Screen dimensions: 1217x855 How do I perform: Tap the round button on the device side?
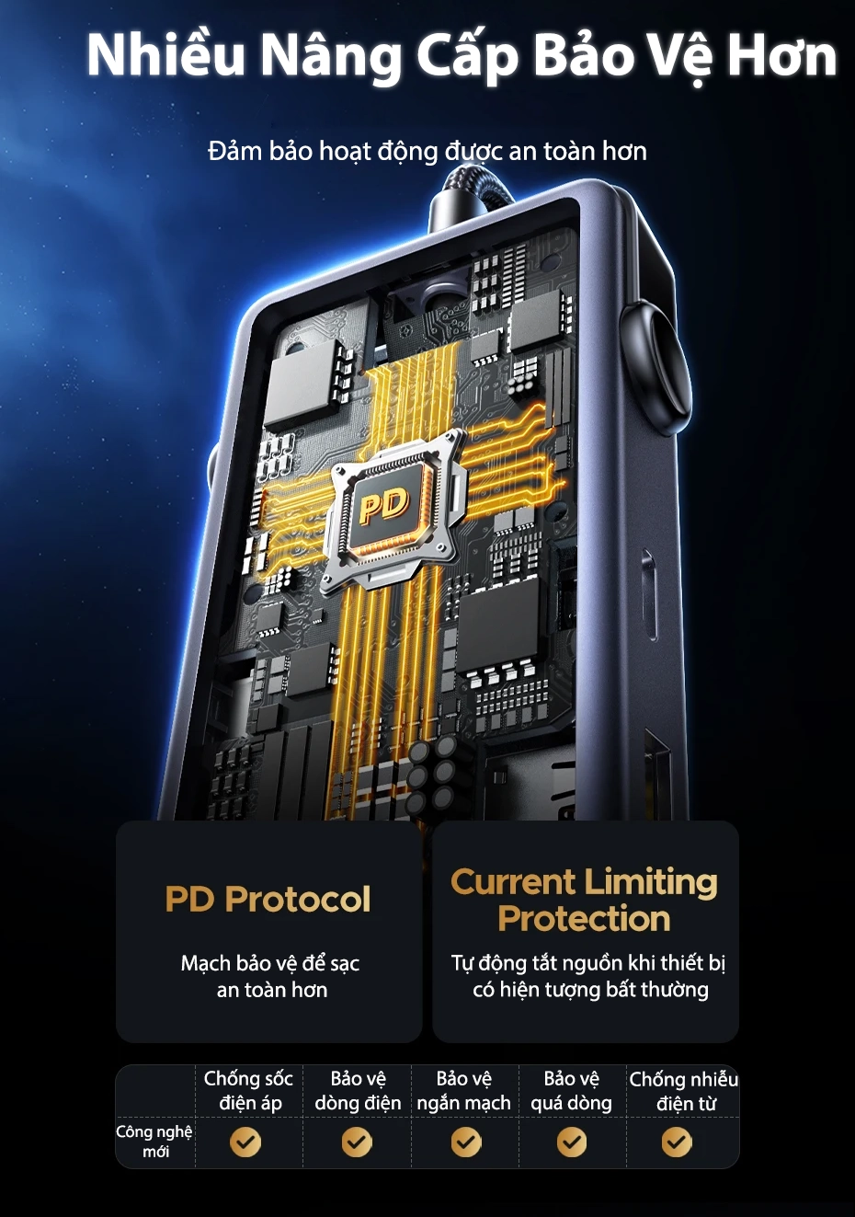pos(654,367)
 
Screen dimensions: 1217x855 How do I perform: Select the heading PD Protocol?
pos(268,899)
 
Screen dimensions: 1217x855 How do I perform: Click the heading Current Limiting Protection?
pos(585,900)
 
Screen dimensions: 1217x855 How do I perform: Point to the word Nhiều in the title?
pos(166,56)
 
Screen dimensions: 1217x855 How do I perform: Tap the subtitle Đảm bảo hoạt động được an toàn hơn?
pos(427,151)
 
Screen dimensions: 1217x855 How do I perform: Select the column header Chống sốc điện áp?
pos(248,1090)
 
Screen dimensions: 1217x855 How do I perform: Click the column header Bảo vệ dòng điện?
pos(358,1090)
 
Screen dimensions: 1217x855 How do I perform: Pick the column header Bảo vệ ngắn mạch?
pos(464,1090)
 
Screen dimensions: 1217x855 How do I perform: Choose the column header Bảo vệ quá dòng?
pos(571,1090)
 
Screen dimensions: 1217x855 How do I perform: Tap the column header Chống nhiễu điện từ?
pos(683,1090)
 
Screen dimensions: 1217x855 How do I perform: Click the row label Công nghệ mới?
pos(154,1141)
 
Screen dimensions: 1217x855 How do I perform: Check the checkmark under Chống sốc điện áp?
pos(245,1142)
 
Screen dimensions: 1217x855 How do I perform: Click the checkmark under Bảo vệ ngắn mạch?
pos(466,1142)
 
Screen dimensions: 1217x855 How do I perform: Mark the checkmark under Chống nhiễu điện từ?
pos(678,1142)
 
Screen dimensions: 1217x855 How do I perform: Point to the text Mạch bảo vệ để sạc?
pos(270,963)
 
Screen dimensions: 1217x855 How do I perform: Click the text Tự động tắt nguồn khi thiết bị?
pos(588,963)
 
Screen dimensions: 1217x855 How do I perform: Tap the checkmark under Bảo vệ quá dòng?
pos(572,1142)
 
